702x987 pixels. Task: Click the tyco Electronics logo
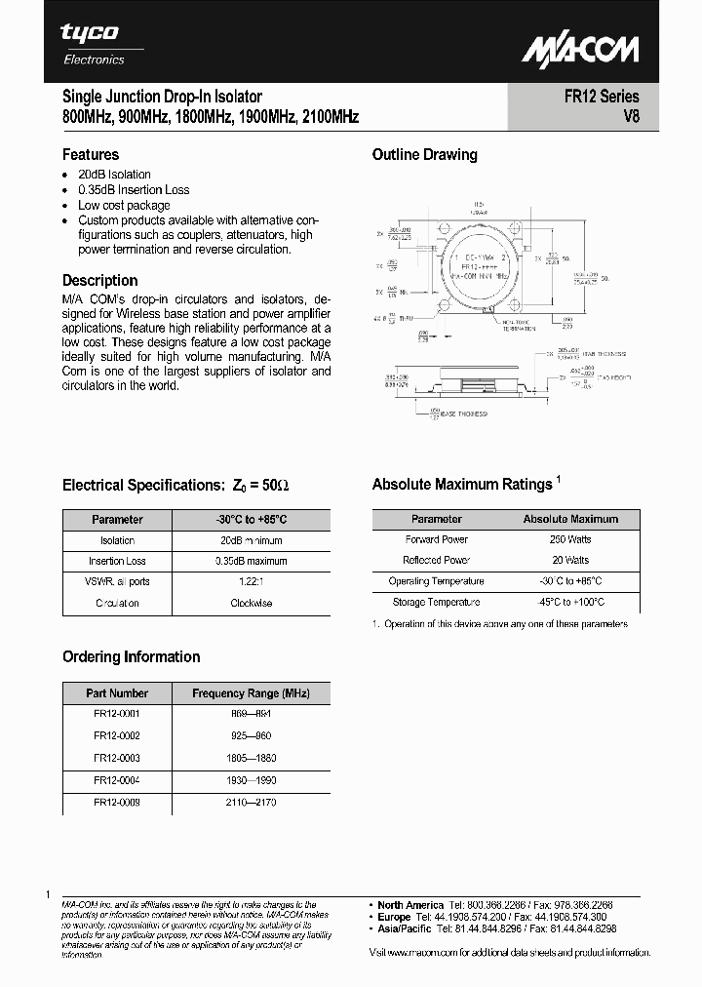92,44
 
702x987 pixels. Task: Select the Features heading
91,154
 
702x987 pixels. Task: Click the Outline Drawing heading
425,154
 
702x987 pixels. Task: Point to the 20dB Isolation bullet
114,175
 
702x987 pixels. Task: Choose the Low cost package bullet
124,206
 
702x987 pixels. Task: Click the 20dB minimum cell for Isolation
251,540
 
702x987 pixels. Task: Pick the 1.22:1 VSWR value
251,581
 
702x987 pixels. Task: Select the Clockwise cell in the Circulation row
251,603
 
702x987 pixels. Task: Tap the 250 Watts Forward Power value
570,539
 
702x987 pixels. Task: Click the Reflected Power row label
436,561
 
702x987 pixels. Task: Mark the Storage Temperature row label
436,603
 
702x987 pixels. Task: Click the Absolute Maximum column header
570,519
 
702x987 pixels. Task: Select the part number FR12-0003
117,758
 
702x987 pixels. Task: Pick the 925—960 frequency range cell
251,736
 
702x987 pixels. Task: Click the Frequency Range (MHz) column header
251,693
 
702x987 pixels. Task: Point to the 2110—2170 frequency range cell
251,801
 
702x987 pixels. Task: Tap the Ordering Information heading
132,656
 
